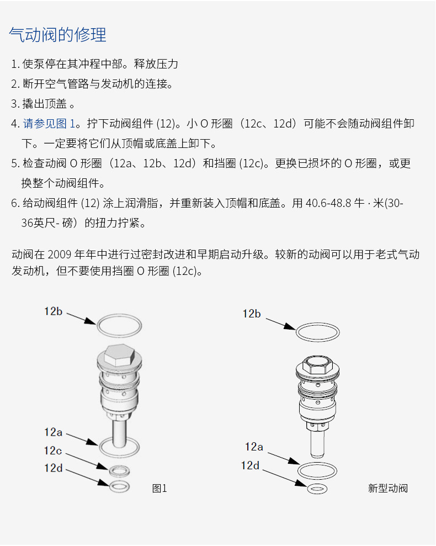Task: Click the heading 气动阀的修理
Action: click(x=58, y=35)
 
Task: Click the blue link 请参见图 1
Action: click(x=49, y=123)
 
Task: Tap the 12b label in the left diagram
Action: click(x=54, y=311)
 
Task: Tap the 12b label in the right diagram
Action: click(x=252, y=314)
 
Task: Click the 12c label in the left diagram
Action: click(x=53, y=450)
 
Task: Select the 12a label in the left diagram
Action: click(x=53, y=432)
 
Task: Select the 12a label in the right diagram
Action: click(x=254, y=447)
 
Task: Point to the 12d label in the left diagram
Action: click(x=54, y=468)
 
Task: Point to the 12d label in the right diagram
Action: click(x=250, y=465)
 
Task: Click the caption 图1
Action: click(x=159, y=488)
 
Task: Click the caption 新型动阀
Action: click(x=387, y=488)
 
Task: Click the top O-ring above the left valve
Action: click(x=119, y=326)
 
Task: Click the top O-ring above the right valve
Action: click(x=318, y=332)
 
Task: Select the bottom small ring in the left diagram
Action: click(x=119, y=486)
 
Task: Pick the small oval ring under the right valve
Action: click(x=317, y=489)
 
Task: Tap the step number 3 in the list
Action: click(x=14, y=103)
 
